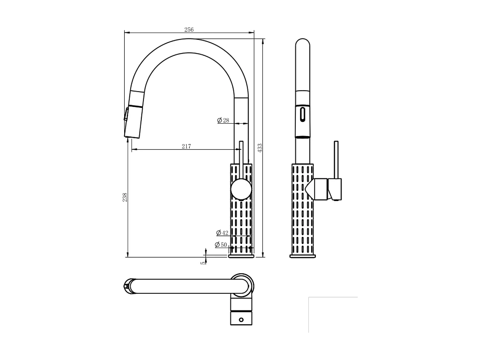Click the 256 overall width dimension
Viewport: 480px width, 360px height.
189,29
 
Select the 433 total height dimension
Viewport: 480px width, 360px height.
260,148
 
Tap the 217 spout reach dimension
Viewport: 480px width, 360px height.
186,146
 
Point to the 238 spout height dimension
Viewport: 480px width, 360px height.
125,197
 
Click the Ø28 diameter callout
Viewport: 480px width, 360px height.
223,120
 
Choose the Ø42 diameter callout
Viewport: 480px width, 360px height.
222,233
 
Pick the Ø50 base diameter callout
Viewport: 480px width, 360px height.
221,245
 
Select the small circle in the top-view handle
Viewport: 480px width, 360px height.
241,320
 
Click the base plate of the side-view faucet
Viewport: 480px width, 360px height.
302,256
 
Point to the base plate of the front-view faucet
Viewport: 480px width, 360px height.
241,256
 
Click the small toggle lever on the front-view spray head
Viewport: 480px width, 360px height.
126,114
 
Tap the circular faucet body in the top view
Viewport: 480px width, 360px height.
242,284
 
